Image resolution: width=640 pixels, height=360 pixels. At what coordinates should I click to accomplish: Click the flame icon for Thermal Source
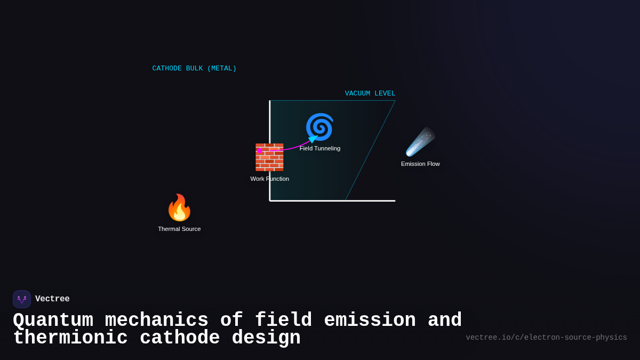click(179, 207)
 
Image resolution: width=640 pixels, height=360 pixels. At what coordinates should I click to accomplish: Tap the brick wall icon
click(269, 157)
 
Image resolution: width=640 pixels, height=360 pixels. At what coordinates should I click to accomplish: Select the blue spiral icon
click(319, 127)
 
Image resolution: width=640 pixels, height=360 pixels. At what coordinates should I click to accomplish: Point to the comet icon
click(420, 142)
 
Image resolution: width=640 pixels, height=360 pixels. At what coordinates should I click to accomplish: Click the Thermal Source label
click(179, 229)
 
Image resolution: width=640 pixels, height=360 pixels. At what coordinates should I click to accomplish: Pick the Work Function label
click(269, 179)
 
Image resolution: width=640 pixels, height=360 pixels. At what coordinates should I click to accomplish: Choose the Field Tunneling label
click(320, 148)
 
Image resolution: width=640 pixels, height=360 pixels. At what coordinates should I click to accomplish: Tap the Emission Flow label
click(420, 164)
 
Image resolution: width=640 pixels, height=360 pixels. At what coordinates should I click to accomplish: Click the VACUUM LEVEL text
click(370, 93)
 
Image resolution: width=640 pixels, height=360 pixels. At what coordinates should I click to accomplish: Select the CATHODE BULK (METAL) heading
click(194, 68)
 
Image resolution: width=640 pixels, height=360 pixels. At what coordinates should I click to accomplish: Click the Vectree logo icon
click(22, 299)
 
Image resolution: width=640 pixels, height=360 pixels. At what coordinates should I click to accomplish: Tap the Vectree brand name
click(52, 299)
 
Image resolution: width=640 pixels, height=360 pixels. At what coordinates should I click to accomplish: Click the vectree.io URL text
click(546, 338)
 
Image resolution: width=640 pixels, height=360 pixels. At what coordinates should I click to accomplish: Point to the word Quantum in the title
click(53, 321)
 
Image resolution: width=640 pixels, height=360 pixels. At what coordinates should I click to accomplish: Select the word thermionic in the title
click(70, 338)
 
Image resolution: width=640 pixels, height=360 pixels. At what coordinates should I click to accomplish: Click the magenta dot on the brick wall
click(260, 151)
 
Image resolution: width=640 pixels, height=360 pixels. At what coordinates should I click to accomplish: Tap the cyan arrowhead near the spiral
click(313, 139)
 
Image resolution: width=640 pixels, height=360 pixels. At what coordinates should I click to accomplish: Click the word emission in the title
click(370, 321)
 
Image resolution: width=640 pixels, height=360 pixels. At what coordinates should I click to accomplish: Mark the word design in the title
click(266, 338)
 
